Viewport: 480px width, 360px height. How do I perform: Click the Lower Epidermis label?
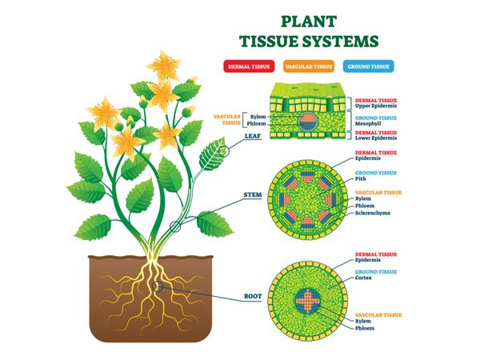(378, 139)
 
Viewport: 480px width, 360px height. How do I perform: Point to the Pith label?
(364, 182)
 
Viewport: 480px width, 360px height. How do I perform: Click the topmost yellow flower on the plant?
(170, 62)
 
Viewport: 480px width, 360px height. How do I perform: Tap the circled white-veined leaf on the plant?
(211, 152)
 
